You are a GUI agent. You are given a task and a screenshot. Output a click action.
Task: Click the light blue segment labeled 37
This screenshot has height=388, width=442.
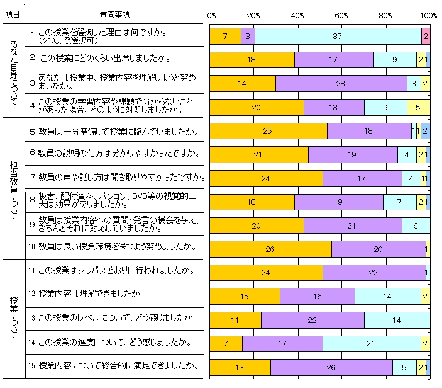(338, 37)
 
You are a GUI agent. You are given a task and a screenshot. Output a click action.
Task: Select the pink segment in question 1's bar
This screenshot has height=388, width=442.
(426, 37)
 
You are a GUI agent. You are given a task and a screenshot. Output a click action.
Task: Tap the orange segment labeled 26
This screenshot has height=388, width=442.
(270, 249)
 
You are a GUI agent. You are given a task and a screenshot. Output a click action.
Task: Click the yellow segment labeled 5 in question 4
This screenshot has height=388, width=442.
(418, 107)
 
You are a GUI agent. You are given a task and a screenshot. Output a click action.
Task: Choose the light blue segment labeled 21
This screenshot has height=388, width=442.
(372, 343)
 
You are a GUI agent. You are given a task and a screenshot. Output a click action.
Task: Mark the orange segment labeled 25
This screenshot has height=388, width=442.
(268, 131)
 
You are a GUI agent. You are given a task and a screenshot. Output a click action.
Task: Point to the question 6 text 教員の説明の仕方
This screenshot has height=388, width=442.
(109, 152)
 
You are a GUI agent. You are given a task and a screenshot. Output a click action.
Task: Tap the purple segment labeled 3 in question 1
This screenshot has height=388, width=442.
(248, 37)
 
